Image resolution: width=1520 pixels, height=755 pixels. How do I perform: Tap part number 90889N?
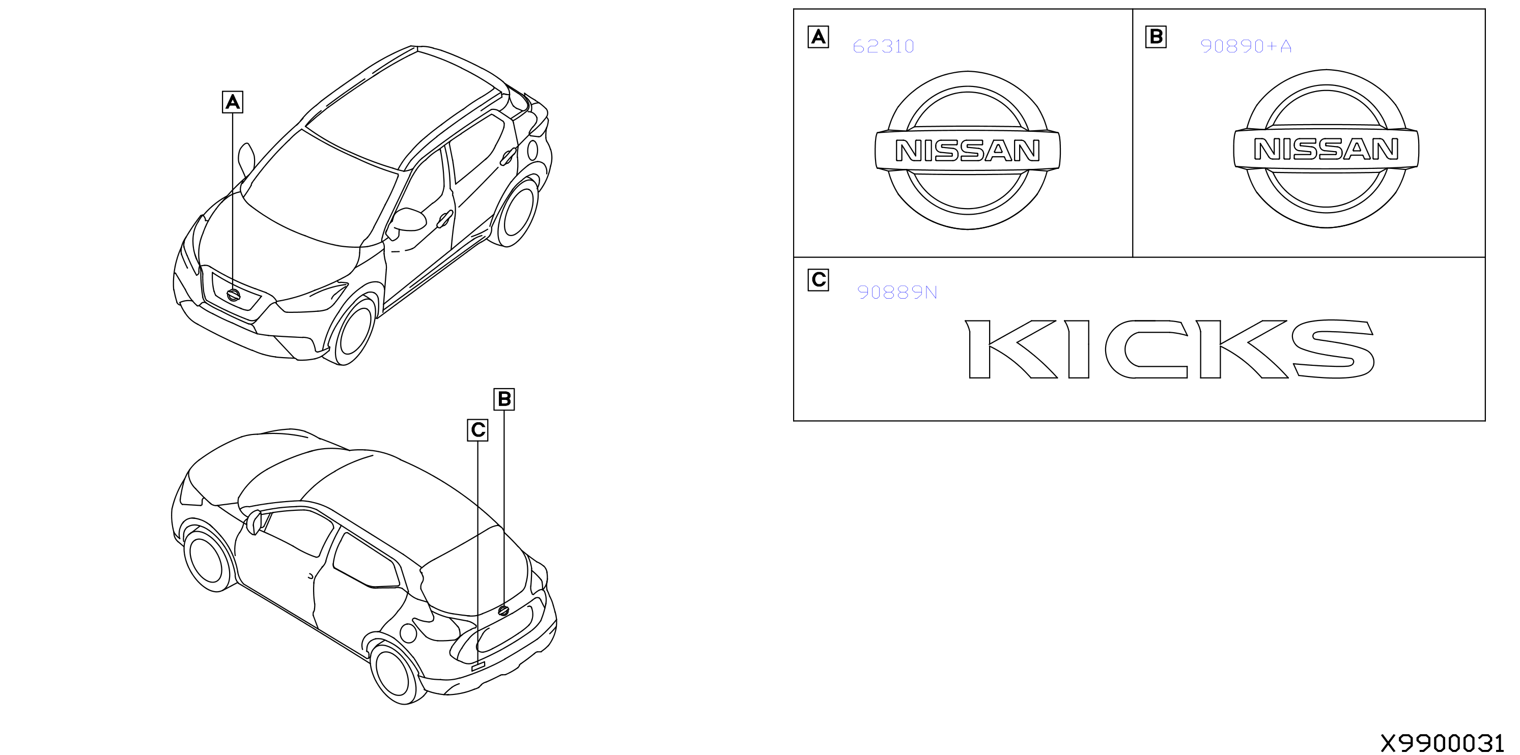coord(897,293)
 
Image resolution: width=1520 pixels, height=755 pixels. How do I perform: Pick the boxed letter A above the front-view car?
coord(233,102)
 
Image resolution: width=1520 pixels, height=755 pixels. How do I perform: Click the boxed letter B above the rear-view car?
coord(504,399)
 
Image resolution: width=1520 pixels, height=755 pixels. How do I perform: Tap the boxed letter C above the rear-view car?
coord(478,430)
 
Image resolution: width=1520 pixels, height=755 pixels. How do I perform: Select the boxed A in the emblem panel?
coord(819,37)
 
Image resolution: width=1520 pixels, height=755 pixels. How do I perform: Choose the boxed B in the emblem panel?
coord(1156,37)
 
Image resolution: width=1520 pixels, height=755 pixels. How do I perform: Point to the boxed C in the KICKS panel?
coord(819,280)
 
